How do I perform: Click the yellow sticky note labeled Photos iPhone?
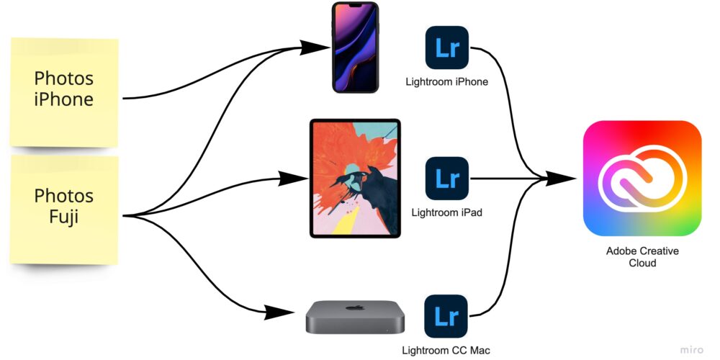pos(64,92)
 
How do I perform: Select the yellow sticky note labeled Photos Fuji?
pos(64,210)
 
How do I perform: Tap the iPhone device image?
pos(356,48)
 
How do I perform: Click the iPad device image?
pos(355,178)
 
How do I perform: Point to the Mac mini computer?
pos(355,317)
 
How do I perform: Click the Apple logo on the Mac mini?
pos(355,307)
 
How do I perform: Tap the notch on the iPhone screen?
pos(356,6)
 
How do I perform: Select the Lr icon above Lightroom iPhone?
pos(447,48)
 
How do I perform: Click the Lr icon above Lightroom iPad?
pos(447,178)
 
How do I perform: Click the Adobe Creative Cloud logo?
pos(642,178)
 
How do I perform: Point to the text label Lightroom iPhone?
pos(447,82)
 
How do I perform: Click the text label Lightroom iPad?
pos(447,213)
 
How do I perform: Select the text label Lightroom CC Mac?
pos(446,351)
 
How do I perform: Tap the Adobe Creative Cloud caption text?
pos(642,257)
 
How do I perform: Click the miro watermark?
pos(691,350)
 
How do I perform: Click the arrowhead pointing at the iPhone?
pos(315,48)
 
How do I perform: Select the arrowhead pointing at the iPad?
pos(293,178)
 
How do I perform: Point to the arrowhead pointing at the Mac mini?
pos(279,312)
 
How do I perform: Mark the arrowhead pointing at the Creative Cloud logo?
pos(561,178)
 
